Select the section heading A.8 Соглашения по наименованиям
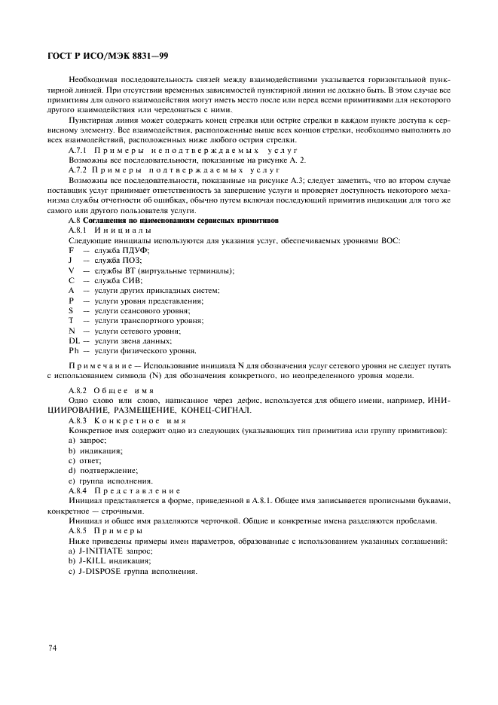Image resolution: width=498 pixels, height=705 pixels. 173,220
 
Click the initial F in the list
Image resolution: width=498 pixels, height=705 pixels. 71,249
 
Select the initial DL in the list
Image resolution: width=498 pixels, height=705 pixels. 73,340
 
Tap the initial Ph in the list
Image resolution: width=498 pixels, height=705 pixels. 73,350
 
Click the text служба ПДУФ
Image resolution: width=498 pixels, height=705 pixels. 117,249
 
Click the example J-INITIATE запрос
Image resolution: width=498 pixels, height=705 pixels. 110,551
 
